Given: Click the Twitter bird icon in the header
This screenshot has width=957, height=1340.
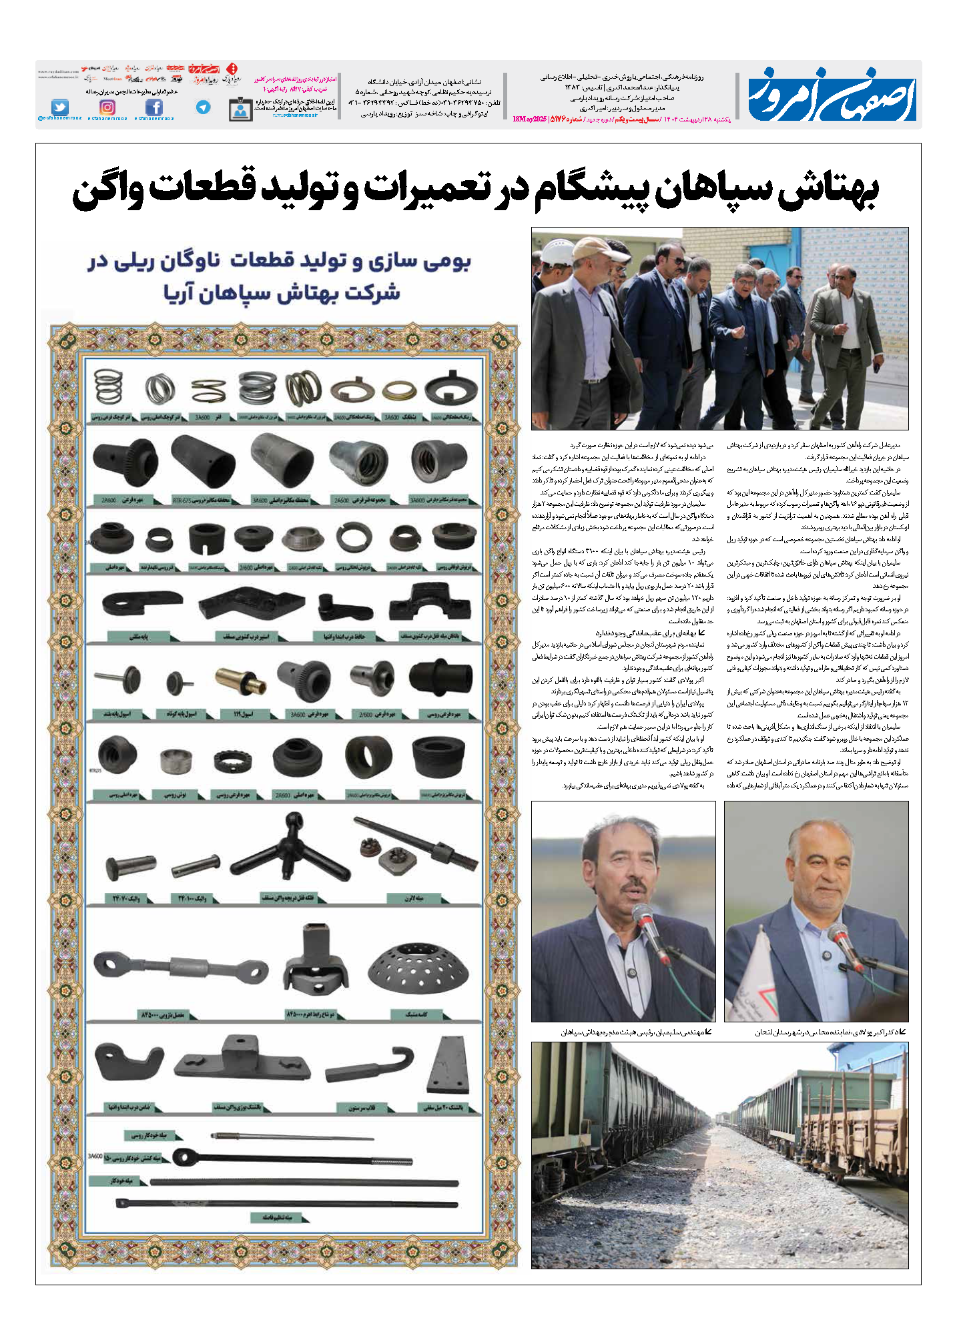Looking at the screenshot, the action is [x=60, y=107].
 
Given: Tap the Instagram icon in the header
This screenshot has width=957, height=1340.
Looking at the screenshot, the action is [x=107, y=107].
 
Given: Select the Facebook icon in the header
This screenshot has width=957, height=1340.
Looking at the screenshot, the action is [x=154, y=107].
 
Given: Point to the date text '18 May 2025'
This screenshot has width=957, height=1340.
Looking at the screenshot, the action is [x=529, y=119].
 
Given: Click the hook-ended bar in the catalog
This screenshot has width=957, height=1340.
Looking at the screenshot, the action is [x=371, y=1064].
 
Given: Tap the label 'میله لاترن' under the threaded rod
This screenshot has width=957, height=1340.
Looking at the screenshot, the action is [x=414, y=898].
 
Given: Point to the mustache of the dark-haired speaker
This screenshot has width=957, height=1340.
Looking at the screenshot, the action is [x=631, y=888].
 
